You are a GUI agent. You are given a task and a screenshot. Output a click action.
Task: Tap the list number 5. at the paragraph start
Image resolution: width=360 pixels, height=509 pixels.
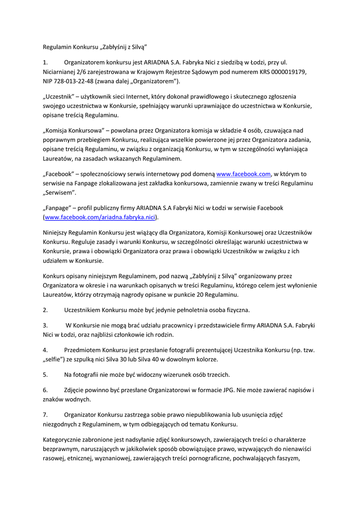pos(45,374)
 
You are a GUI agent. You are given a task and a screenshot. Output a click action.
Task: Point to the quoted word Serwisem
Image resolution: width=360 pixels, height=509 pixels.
pos(60,192)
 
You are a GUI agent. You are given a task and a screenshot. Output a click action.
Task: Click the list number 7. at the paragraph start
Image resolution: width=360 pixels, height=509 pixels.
pos(45,414)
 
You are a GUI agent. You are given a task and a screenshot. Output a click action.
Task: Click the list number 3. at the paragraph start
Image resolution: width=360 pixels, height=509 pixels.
pos(45,325)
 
